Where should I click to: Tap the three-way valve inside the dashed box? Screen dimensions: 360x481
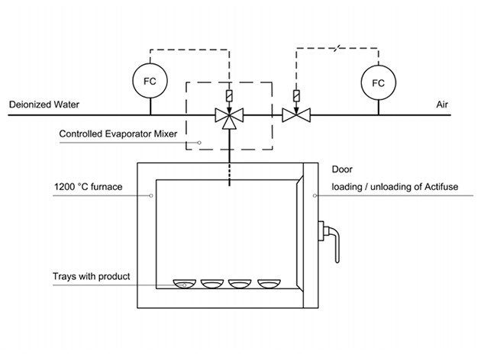tap(228, 117)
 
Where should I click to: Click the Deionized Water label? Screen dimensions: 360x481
tap(45, 104)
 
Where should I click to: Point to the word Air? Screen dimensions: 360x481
tap(441, 104)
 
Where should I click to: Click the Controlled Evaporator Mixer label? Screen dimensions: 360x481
tap(118, 135)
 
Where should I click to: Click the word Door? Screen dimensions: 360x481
tap(341, 169)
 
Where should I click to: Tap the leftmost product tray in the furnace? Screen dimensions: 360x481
tap(184, 284)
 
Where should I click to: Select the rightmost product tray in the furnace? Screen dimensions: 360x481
tap(270, 284)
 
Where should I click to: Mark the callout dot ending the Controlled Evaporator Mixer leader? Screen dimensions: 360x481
tap(199, 143)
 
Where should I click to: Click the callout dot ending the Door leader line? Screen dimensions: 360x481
tap(314, 195)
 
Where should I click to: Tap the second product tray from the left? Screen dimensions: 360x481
tap(212, 284)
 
